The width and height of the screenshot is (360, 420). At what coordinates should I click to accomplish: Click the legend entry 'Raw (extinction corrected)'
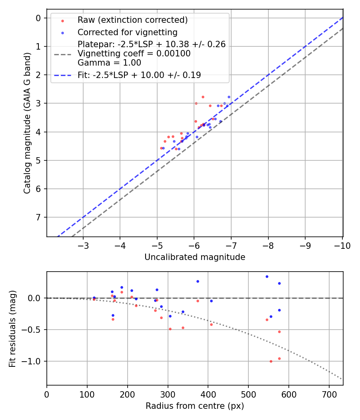(x=132, y=20)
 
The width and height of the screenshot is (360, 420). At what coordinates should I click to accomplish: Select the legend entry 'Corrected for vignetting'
(x=127, y=32)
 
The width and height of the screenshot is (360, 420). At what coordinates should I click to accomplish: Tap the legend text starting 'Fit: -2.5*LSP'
(x=139, y=75)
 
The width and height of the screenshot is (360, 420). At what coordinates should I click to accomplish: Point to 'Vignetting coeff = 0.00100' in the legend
(x=134, y=54)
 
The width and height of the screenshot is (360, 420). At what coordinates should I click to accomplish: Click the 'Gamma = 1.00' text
(x=109, y=63)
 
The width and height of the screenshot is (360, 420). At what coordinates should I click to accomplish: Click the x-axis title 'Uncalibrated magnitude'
(x=195, y=257)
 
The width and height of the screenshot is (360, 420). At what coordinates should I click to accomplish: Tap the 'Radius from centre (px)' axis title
(x=195, y=406)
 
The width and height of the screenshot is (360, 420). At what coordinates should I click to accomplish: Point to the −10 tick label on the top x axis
(x=342, y=246)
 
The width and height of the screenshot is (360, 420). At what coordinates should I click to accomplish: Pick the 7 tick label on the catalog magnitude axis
(x=39, y=218)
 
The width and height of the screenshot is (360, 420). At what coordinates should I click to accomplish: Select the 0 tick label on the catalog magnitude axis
(x=39, y=18)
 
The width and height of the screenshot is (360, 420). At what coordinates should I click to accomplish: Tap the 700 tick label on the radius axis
(x=329, y=394)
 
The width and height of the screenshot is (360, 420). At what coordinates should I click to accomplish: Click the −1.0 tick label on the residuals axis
(x=33, y=361)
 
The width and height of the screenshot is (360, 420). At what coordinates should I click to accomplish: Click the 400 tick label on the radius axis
(x=208, y=394)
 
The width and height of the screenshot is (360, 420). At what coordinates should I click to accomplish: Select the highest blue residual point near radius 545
(x=267, y=276)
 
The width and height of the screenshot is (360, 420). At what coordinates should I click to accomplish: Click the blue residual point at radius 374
(x=198, y=281)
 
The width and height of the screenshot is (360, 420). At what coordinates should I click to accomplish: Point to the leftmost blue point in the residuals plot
(x=94, y=298)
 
